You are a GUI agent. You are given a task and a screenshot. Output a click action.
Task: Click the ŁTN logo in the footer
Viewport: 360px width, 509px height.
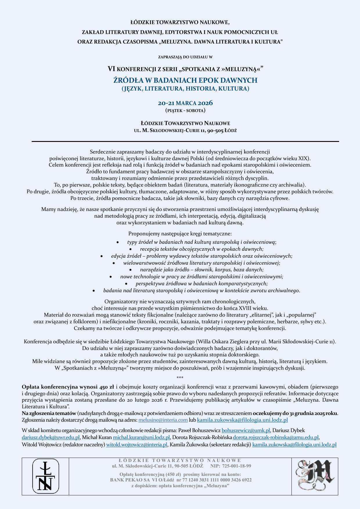pos(45,476)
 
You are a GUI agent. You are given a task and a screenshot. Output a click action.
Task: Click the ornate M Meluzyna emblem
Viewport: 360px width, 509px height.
pos(315,476)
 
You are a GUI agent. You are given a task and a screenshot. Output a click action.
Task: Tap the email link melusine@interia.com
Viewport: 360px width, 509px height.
pos(163,420)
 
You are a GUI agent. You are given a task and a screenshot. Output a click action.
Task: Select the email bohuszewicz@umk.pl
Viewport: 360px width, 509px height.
pos(246,430)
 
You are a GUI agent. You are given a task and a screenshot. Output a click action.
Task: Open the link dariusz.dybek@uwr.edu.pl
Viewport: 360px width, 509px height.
pos(51,437)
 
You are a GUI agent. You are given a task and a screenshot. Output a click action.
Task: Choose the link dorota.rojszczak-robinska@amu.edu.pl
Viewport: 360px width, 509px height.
pos(276,437)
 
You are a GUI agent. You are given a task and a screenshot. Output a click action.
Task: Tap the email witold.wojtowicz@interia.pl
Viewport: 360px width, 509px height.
pos(137,445)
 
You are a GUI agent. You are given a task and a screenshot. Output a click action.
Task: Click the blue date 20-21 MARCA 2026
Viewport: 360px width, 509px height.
pos(185,103)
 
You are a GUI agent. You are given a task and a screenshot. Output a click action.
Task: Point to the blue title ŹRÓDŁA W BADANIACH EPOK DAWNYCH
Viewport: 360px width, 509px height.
pos(185,80)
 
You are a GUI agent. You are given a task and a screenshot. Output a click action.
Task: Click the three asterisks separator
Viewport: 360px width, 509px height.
pos(180,378)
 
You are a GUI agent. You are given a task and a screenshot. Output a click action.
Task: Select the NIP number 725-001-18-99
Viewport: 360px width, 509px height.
pos(237,466)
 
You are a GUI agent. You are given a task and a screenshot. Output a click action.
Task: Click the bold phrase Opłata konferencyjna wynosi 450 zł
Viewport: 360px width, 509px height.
pos(68,387)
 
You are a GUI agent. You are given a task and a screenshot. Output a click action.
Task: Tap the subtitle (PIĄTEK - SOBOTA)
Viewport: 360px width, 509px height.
pos(185,110)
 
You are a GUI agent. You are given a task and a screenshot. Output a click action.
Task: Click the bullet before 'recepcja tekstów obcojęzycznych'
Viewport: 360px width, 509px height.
pos(131,249)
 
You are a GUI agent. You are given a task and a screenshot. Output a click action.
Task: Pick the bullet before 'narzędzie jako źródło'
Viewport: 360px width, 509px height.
pos(131,270)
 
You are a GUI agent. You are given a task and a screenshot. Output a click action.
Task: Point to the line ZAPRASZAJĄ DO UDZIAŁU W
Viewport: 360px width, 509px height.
pos(185,57)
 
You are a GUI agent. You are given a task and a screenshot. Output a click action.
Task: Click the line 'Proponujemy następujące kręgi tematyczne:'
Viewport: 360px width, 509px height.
pos(180,234)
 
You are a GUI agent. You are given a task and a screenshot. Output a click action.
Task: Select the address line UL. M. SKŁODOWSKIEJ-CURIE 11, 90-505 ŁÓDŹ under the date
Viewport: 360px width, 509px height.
pos(185,131)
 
